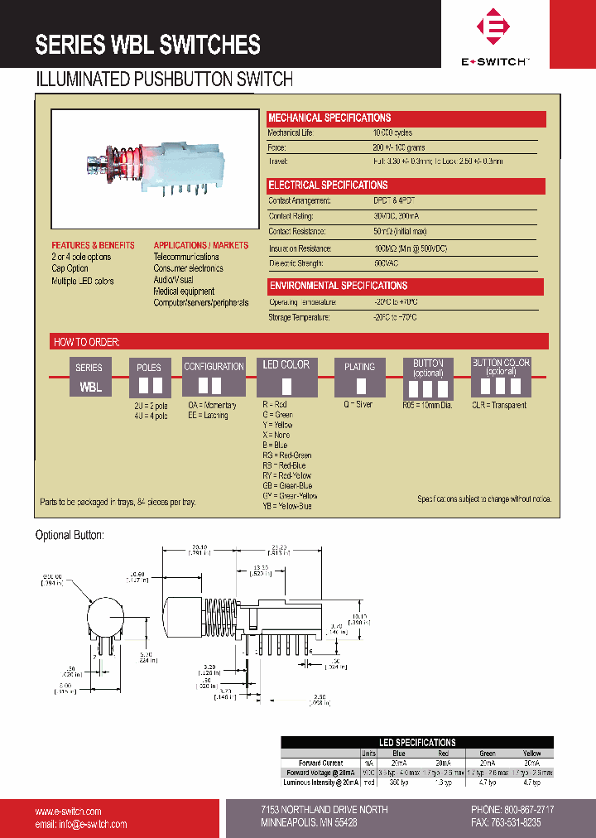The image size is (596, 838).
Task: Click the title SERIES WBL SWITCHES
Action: pyautogui.click(x=147, y=45)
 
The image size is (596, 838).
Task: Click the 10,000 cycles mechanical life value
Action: pyautogui.click(x=393, y=133)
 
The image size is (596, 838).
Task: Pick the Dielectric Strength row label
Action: pyautogui.click(x=296, y=263)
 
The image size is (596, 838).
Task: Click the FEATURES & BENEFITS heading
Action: pyautogui.click(x=93, y=246)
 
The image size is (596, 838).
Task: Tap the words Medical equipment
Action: pyautogui.click(x=184, y=291)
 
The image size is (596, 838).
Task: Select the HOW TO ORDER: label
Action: pyautogui.click(x=87, y=342)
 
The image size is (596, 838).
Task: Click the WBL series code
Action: pyautogui.click(x=90, y=387)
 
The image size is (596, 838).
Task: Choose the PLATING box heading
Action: pyautogui.click(x=359, y=367)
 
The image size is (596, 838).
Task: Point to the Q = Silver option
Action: pyautogui.click(x=358, y=405)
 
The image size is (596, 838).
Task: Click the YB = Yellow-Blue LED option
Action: pyautogui.click(x=287, y=506)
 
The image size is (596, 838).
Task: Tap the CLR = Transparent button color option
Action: pyautogui.click(x=499, y=405)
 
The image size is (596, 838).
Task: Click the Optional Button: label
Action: pyautogui.click(x=70, y=536)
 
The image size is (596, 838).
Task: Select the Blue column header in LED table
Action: pyautogui.click(x=398, y=754)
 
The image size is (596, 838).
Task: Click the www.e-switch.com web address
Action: pyautogui.click(x=68, y=811)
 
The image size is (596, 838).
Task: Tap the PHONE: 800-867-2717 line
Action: pyautogui.click(x=512, y=810)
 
